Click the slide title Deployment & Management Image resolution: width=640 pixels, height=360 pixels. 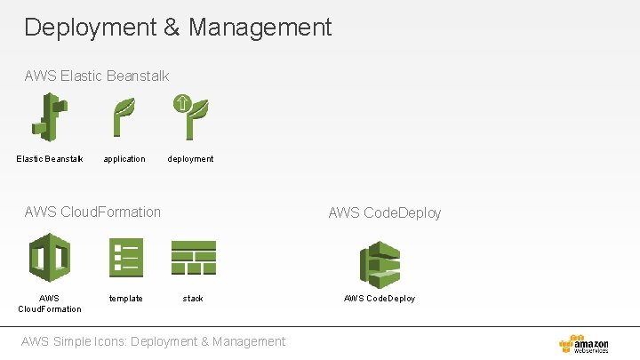point(178,28)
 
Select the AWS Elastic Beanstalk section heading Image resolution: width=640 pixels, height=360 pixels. point(97,76)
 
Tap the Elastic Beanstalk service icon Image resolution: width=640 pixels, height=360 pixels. point(50,117)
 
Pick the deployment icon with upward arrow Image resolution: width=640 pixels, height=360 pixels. point(189,116)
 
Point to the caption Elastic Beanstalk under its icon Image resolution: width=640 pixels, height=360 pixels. point(50,159)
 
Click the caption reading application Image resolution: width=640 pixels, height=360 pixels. point(124,159)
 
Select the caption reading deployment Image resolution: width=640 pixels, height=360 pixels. point(191,159)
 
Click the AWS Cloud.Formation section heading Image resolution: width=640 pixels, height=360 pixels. point(93,212)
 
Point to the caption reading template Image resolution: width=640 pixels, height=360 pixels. point(125,299)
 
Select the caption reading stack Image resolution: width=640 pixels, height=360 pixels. point(193,299)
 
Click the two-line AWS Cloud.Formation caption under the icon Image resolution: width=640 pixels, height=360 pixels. point(50,303)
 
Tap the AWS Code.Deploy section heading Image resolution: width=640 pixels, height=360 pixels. point(384,212)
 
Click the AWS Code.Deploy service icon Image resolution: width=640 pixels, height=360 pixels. point(380,264)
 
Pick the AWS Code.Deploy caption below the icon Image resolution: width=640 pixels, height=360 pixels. point(380,299)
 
